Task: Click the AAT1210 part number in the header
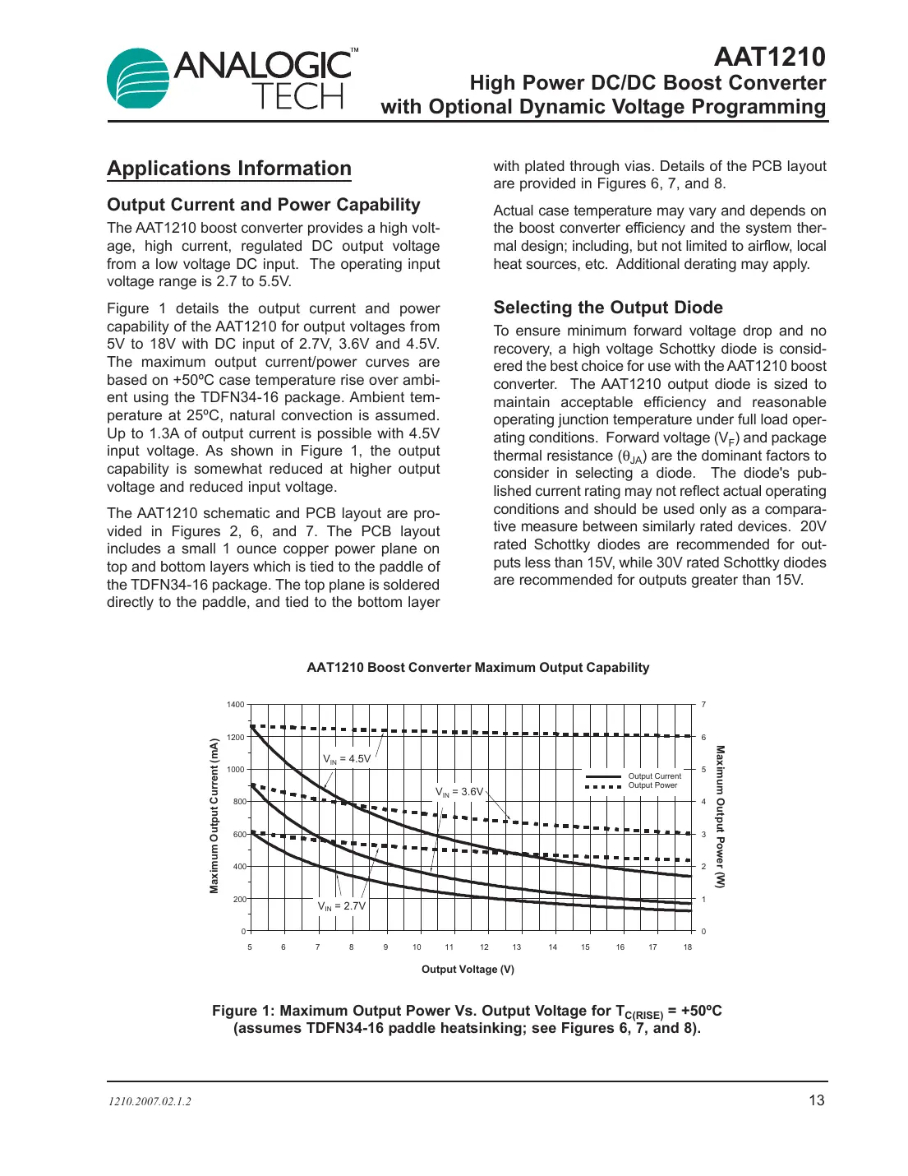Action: [x=769, y=56]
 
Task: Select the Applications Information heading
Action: [x=229, y=169]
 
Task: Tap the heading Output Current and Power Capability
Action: [x=263, y=205]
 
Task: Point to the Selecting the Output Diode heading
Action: [x=608, y=308]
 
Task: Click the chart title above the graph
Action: [x=477, y=668]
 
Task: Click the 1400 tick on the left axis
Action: [x=235, y=705]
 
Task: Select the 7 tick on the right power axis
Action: [x=703, y=705]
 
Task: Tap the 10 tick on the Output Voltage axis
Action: [x=417, y=947]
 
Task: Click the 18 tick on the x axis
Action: [x=688, y=947]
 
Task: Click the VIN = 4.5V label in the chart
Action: [x=347, y=759]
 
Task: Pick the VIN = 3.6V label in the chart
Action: [x=459, y=792]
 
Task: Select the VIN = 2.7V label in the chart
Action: [x=342, y=906]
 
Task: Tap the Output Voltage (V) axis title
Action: [x=468, y=970]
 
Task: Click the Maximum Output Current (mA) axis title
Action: [x=214, y=816]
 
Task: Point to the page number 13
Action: [x=816, y=1100]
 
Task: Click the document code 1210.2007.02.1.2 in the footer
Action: [x=150, y=1102]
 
